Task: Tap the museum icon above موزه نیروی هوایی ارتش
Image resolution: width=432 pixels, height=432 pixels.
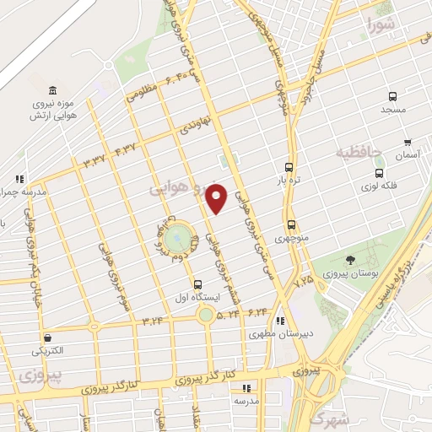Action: [53, 91]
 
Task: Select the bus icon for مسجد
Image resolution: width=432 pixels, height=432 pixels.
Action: [392, 96]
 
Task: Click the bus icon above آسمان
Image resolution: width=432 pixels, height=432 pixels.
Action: [408, 143]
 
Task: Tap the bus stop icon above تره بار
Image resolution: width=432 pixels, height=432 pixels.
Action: [289, 167]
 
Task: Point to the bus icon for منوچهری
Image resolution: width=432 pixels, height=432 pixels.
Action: [292, 225]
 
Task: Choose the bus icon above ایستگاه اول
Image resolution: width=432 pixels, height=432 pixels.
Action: [197, 284]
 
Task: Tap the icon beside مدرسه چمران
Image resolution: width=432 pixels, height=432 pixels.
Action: [19, 179]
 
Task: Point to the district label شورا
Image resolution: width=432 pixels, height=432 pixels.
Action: [381, 24]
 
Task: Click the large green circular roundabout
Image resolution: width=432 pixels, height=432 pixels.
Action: [177, 239]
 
